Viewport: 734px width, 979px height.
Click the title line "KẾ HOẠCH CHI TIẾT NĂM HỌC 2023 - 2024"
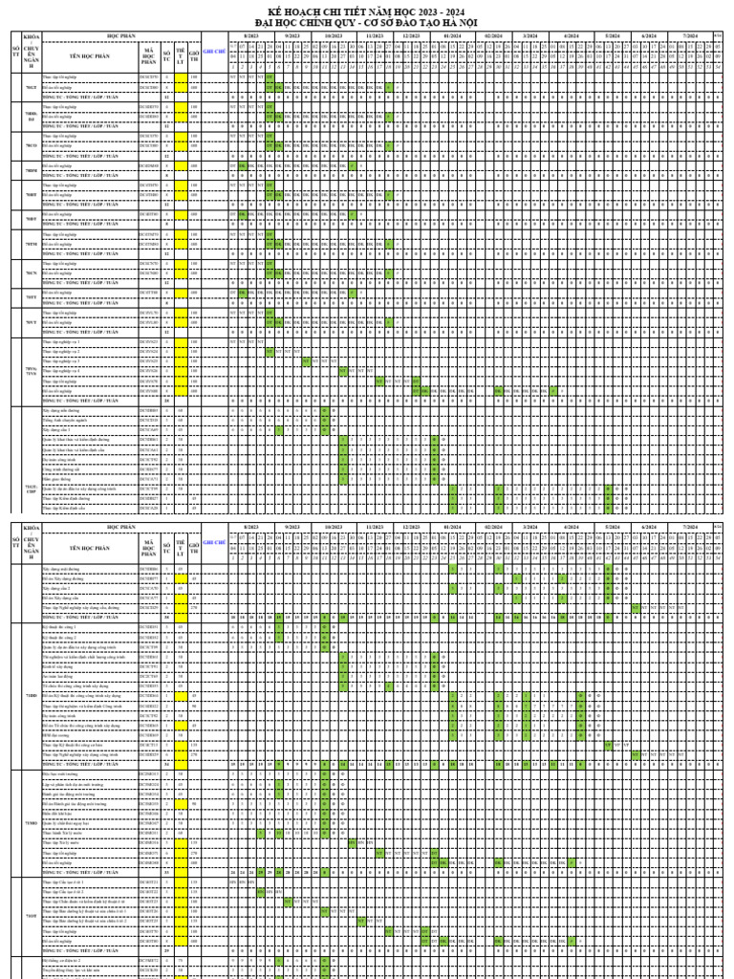[368, 12]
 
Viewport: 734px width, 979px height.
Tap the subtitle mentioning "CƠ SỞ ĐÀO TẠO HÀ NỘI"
[368, 22]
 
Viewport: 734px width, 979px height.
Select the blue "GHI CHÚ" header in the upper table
[215, 56]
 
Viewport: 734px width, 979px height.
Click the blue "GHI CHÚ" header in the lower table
[215, 541]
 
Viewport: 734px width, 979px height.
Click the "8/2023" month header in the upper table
[250, 35]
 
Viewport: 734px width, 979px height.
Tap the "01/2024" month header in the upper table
[454, 35]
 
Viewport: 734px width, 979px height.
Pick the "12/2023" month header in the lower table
[412, 527]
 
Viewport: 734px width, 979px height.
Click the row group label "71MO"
[31, 823]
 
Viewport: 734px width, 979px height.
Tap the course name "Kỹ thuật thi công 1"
[59, 626]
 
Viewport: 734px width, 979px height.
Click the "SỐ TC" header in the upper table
[166, 56]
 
